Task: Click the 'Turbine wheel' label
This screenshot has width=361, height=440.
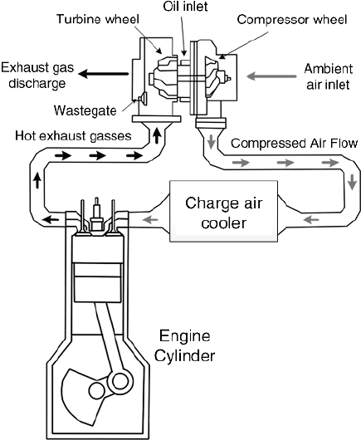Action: point(98,19)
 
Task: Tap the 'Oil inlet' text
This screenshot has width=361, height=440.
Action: point(185,6)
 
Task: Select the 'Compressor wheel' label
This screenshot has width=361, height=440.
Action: point(292,20)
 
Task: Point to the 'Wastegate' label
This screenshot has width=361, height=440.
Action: point(85,110)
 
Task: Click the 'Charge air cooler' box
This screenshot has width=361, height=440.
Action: point(224,212)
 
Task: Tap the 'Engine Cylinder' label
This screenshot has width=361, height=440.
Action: point(185,346)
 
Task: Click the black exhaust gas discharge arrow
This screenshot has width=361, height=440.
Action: point(103,74)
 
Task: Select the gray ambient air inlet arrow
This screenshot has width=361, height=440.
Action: point(271,76)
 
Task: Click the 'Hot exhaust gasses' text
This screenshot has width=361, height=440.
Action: point(73,136)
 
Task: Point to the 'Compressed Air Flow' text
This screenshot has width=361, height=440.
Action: point(295,144)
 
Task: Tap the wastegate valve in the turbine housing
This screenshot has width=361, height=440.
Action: point(143,99)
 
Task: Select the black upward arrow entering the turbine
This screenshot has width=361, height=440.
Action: point(158,135)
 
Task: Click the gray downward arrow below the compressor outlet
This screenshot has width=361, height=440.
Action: point(212,141)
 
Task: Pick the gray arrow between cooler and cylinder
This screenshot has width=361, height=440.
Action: point(151,219)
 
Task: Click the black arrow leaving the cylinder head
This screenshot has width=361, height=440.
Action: point(51,219)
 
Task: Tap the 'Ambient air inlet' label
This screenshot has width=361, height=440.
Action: point(328,76)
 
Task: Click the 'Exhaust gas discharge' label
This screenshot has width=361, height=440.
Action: point(37,76)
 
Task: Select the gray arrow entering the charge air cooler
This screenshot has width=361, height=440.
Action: point(311,219)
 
